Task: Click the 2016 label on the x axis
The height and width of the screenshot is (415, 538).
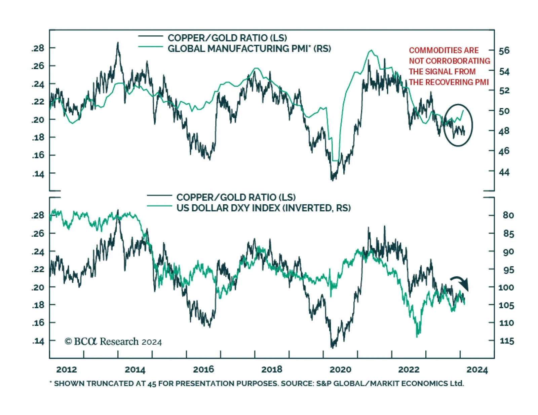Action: (x=203, y=370)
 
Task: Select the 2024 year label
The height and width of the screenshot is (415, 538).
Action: (x=477, y=370)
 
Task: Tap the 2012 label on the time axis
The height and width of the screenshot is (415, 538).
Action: (x=67, y=370)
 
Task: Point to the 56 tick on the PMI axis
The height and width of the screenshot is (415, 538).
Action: (x=504, y=51)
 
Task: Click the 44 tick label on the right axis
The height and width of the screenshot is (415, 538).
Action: (x=504, y=172)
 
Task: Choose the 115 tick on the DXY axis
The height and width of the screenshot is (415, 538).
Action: (x=507, y=341)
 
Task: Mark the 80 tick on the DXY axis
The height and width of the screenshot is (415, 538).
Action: (x=508, y=215)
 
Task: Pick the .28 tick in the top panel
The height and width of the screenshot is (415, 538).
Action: (x=38, y=48)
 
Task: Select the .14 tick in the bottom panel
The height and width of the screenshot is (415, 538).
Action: (x=38, y=341)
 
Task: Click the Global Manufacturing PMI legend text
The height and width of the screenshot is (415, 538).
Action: (x=249, y=49)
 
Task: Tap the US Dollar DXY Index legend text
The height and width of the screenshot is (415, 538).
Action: (x=263, y=208)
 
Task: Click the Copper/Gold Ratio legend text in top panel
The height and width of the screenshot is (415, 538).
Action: (x=227, y=38)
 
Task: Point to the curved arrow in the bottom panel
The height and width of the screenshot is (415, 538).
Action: (x=460, y=282)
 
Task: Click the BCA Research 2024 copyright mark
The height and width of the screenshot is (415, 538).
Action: (x=113, y=342)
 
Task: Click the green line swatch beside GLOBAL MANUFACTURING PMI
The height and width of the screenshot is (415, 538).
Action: (x=151, y=46)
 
